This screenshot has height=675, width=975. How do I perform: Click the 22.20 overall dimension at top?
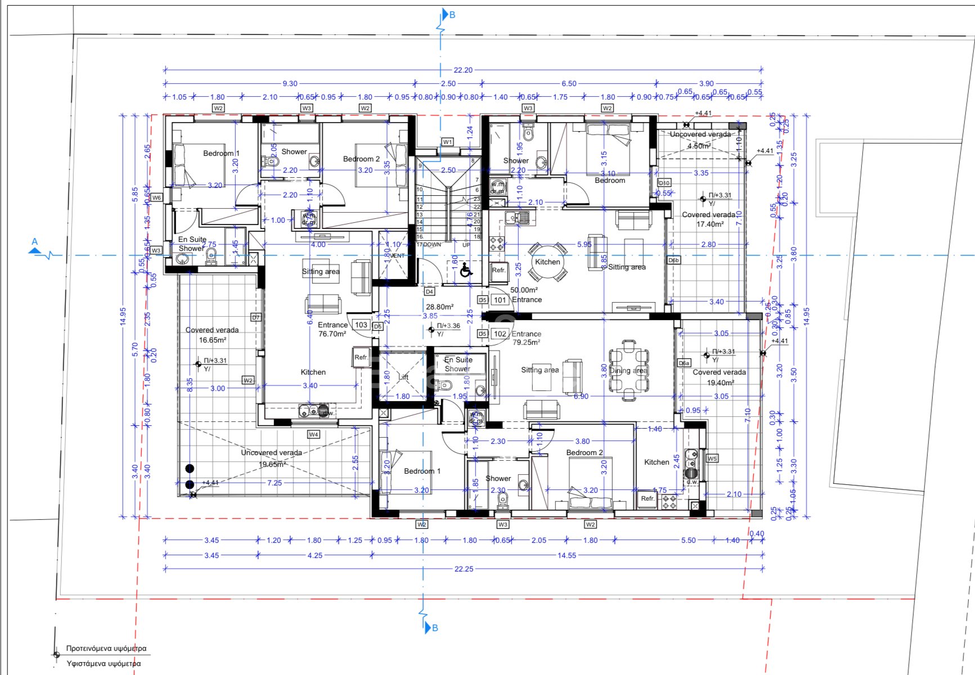point(462,70)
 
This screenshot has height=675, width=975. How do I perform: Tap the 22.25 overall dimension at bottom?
point(464,569)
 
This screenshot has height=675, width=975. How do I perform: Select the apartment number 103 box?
point(361,325)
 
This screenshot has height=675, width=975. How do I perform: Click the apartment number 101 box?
point(500,300)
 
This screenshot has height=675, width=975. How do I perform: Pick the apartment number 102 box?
point(500,334)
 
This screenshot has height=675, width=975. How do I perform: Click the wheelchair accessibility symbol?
point(466,271)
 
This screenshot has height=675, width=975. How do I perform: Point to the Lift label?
point(403,377)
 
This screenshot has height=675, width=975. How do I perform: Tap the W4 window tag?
point(313,434)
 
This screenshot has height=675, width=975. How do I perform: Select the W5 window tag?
point(712,458)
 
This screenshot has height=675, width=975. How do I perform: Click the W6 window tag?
point(156,198)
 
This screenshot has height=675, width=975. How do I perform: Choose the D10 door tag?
point(664,183)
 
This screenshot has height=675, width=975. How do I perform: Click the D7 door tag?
point(256,318)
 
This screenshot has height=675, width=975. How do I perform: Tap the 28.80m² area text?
point(439,307)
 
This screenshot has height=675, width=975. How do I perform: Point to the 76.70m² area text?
point(332,334)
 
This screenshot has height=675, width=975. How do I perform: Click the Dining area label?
point(628,371)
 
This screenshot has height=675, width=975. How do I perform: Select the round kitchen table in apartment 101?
point(547,263)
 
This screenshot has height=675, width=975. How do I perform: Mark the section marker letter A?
point(35,242)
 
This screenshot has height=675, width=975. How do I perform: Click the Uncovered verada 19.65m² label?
point(272,458)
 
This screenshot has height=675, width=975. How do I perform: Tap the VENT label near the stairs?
point(397,256)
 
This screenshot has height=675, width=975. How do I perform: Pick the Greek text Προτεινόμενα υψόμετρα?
point(106,649)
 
